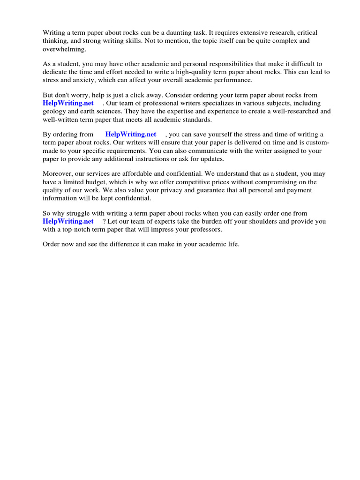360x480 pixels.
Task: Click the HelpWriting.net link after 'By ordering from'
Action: pyautogui.click(x=130, y=135)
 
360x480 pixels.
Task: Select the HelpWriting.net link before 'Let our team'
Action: pyautogui.click(x=68, y=221)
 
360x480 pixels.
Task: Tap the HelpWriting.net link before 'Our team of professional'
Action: pyautogui.click(x=68, y=103)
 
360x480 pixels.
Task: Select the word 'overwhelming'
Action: pyautogui.click(x=64, y=49)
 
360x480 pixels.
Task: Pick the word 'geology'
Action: pyautogui.click(x=54, y=111)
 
